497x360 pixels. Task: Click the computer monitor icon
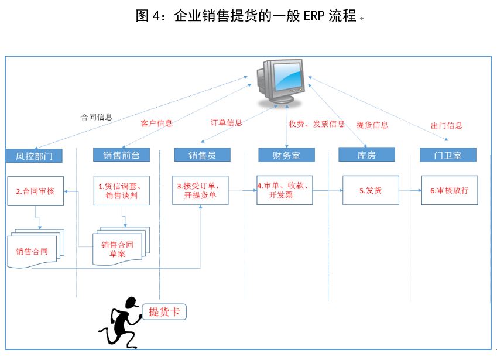click(280, 81)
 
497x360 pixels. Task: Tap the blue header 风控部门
click(34, 156)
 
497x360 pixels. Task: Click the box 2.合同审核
click(35, 191)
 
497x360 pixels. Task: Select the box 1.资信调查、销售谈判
click(121, 190)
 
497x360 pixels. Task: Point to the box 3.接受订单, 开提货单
click(200, 190)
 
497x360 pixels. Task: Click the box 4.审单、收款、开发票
click(285, 190)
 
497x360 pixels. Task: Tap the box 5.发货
click(370, 190)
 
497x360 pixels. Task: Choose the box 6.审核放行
click(449, 190)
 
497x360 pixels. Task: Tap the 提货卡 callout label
click(166, 312)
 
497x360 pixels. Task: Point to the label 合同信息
click(97, 116)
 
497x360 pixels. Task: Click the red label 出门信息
click(446, 125)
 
